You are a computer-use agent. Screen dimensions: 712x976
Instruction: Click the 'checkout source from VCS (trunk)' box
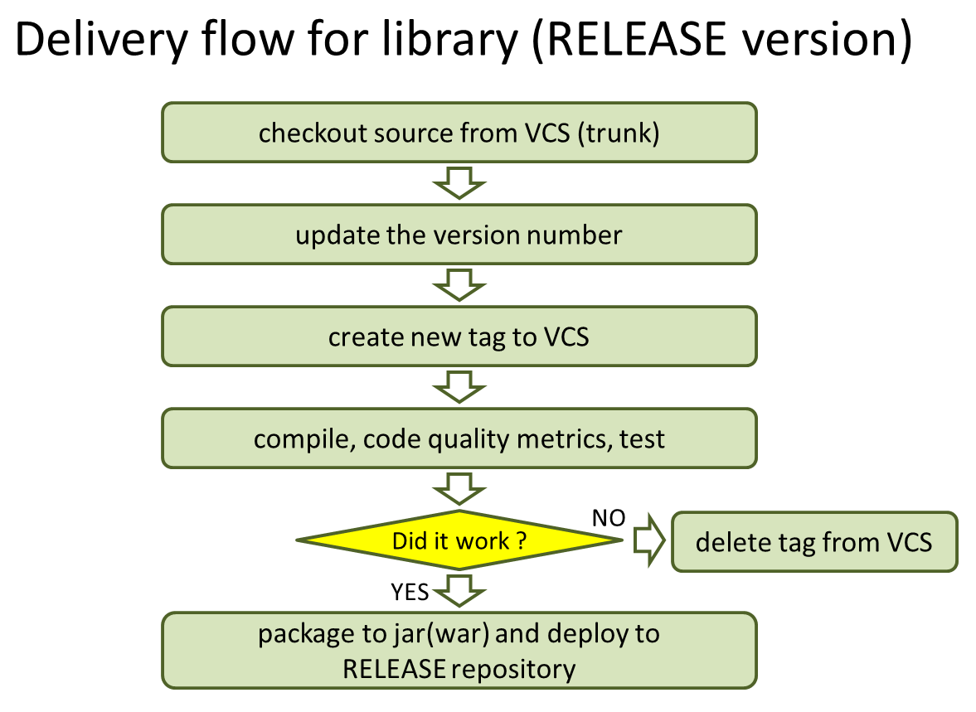459,133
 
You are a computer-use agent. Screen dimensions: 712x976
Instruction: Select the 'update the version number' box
459,235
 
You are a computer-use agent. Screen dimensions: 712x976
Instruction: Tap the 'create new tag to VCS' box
459,337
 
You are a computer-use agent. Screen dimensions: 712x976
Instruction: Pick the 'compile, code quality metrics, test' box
459,438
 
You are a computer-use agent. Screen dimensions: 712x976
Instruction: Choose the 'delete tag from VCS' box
813,542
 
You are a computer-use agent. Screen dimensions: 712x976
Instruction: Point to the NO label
609,519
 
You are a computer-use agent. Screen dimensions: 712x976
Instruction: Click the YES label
410,591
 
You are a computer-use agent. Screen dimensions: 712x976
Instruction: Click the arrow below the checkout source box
459,183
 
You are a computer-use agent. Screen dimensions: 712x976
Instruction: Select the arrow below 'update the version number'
459,286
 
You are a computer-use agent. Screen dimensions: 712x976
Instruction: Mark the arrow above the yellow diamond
459,488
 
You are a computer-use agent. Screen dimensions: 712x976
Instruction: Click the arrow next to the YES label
459,591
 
